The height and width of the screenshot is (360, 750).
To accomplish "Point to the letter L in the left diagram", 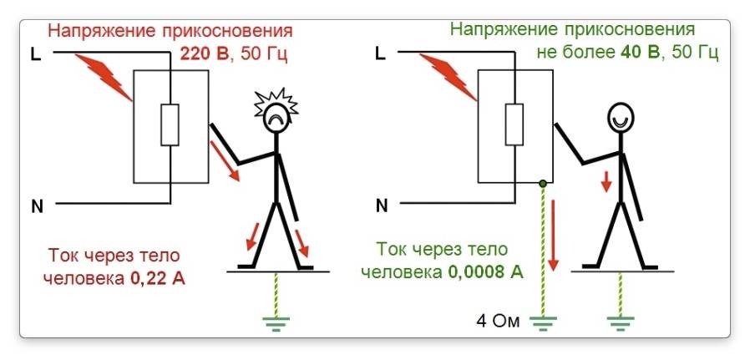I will pos(36,54).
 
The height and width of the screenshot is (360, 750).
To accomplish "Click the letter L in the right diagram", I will pos(382,54).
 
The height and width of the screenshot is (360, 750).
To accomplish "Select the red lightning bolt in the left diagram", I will pos(104,78).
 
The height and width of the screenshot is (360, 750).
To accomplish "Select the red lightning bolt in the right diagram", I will pos(448,77).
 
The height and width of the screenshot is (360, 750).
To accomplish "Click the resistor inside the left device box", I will pos(170,125).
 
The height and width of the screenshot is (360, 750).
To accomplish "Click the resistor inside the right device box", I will pos(515,125).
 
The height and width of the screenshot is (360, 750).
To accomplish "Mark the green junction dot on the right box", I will pos(544,183).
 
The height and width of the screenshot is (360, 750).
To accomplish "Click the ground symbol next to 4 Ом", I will pos(544,321).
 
